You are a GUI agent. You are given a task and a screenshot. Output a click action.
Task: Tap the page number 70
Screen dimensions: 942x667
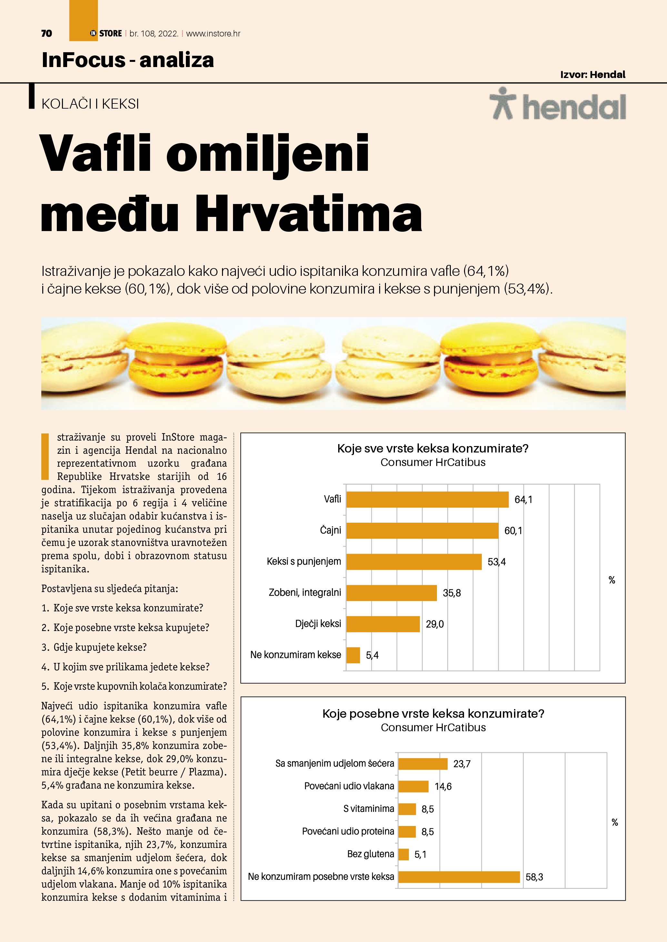tap(46, 34)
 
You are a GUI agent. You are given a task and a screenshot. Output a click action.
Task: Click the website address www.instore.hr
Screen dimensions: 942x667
tap(213, 34)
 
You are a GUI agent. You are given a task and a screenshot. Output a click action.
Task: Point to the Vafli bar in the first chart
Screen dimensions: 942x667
tap(427, 499)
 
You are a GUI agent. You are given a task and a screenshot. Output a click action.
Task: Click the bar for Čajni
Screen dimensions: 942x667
tap(422, 530)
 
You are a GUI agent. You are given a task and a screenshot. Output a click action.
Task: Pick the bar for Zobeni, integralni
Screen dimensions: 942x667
tap(391, 593)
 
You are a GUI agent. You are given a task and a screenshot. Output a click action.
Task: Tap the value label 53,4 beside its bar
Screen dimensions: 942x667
tap(497, 562)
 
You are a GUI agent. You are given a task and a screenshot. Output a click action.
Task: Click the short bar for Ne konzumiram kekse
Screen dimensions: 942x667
tap(353, 655)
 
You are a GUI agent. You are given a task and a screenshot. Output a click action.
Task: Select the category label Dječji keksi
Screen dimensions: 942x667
tap(318, 624)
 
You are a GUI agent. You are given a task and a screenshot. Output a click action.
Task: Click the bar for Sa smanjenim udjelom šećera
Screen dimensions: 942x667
tap(423, 763)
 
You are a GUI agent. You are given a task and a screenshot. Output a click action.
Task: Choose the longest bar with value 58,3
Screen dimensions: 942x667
tap(459, 877)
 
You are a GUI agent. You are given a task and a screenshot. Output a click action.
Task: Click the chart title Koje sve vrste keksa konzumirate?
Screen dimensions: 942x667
tap(432, 448)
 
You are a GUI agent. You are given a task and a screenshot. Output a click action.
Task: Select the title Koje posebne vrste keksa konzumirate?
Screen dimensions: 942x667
tap(433, 714)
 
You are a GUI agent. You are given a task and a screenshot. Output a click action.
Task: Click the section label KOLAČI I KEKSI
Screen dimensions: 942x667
tap(90, 104)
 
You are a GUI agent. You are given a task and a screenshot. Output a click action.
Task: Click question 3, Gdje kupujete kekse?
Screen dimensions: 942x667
tap(94, 647)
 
